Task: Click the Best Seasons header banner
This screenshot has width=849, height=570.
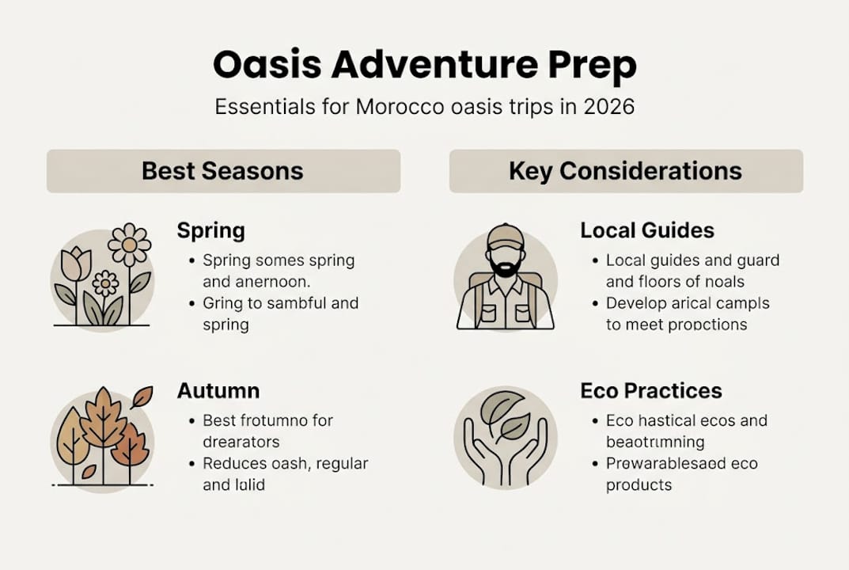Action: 223,171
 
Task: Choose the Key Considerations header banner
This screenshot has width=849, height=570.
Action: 626,171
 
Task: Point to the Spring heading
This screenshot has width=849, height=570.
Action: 210,230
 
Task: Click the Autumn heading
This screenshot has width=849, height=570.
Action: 218,390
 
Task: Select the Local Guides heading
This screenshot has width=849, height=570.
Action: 647,230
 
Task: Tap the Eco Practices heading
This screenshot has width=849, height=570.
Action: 651,390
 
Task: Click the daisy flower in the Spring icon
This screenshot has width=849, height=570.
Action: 129,244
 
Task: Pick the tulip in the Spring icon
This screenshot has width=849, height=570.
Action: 77,264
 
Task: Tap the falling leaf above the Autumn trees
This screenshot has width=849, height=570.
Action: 142,397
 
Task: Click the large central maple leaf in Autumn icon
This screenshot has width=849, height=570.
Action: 103,420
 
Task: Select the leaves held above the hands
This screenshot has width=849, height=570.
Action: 506,416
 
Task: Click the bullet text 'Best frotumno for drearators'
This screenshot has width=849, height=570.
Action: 267,431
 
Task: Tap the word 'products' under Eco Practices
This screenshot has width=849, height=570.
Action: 639,484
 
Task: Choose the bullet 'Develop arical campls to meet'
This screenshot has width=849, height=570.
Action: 687,313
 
